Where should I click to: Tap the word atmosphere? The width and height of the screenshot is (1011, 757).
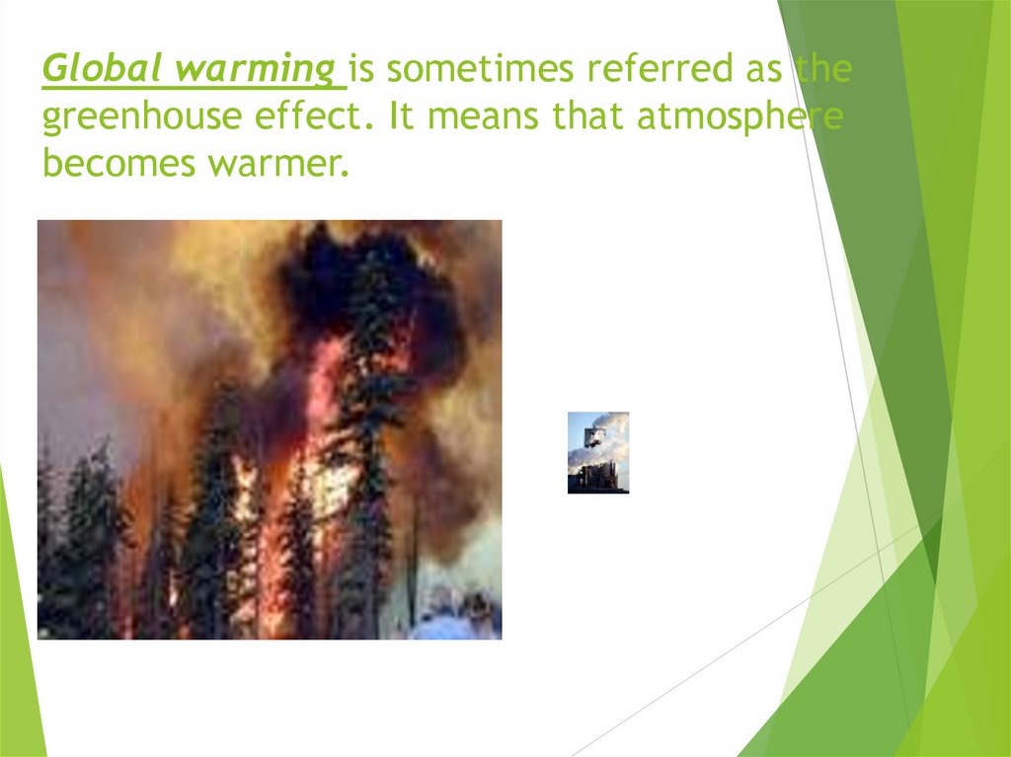[x=739, y=117]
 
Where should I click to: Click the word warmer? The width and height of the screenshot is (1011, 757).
[x=278, y=163]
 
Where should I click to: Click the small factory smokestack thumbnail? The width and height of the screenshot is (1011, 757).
[x=598, y=452]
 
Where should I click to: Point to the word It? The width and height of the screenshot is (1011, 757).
[x=401, y=117]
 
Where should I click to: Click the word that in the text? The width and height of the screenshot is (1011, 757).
[x=589, y=117]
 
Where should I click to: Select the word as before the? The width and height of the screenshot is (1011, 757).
[x=767, y=71]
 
